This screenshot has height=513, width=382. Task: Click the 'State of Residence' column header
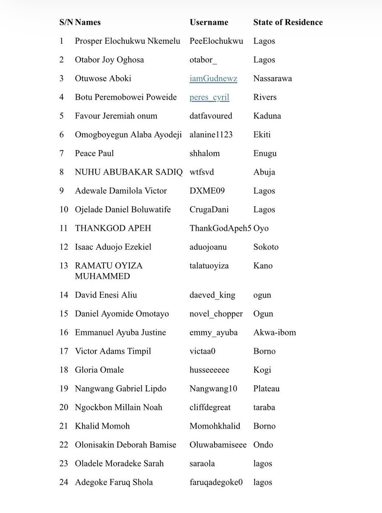(288, 22)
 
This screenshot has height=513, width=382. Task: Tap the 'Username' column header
(209, 22)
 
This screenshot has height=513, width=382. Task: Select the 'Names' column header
(88, 22)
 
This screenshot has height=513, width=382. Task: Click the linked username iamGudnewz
(213, 78)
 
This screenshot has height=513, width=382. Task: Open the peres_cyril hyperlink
(209, 97)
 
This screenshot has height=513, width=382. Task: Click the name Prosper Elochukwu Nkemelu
(127, 41)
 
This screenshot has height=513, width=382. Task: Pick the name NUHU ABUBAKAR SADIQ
(129, 172)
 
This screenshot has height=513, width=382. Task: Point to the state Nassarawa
(273, 78)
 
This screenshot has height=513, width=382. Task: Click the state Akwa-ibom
(274, 332)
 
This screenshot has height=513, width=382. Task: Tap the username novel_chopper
(216, 314)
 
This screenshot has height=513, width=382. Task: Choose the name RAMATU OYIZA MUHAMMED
(109, 271)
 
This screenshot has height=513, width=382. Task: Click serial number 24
(64, 482)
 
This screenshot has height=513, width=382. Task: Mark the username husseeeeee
(209, 370)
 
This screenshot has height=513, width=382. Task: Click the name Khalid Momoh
(102, 426)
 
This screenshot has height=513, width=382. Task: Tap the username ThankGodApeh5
(220, 228)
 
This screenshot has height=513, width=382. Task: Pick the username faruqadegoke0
(216, 482)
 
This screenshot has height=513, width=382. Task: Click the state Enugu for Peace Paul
(265, 153)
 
